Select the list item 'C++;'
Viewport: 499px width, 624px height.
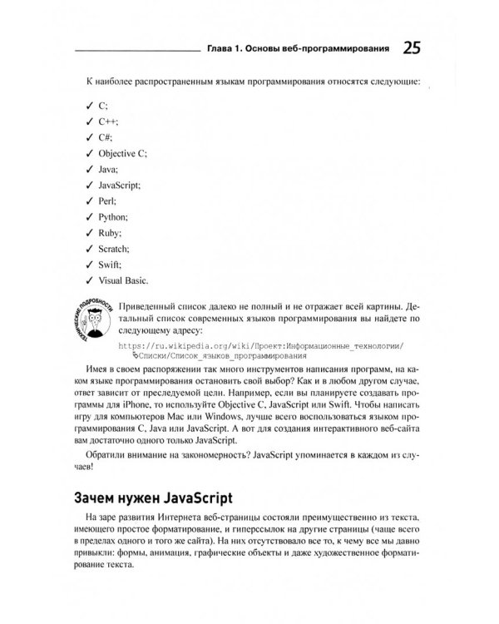point(109,121)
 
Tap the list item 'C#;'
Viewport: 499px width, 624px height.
point(107,137)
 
